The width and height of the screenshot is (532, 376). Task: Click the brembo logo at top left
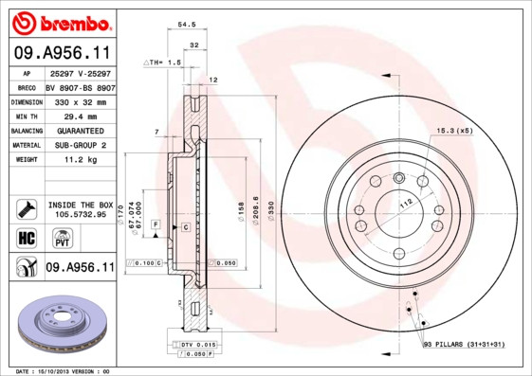pos(58,22)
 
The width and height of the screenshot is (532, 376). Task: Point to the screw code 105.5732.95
pos(79,214)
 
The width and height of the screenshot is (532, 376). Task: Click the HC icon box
pos(25,237)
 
